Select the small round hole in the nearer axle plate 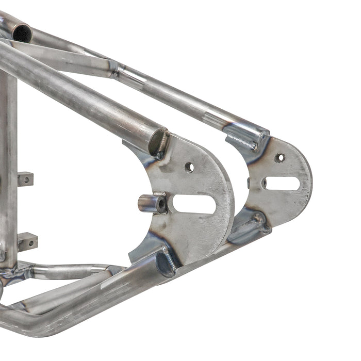coord(189,167)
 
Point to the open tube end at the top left coord(22,34)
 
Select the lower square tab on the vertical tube coord(27,240)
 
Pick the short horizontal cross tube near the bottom coord(72,271)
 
